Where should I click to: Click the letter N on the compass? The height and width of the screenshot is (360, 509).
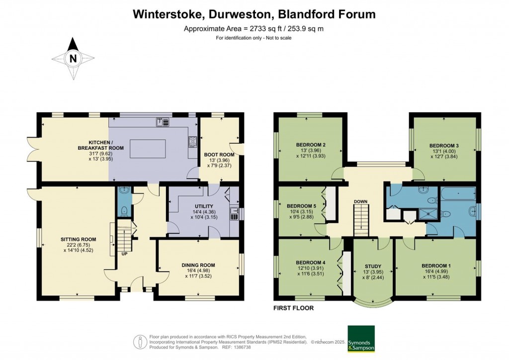point(73,59)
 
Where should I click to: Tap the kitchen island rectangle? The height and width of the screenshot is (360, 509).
point(148,148)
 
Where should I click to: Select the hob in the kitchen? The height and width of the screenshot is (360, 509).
point(191,142)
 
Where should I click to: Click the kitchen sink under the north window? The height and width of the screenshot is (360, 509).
point(163,121)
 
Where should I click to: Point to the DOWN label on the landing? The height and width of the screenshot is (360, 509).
point(360,201)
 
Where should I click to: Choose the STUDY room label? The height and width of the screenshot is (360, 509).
point(373,266)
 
